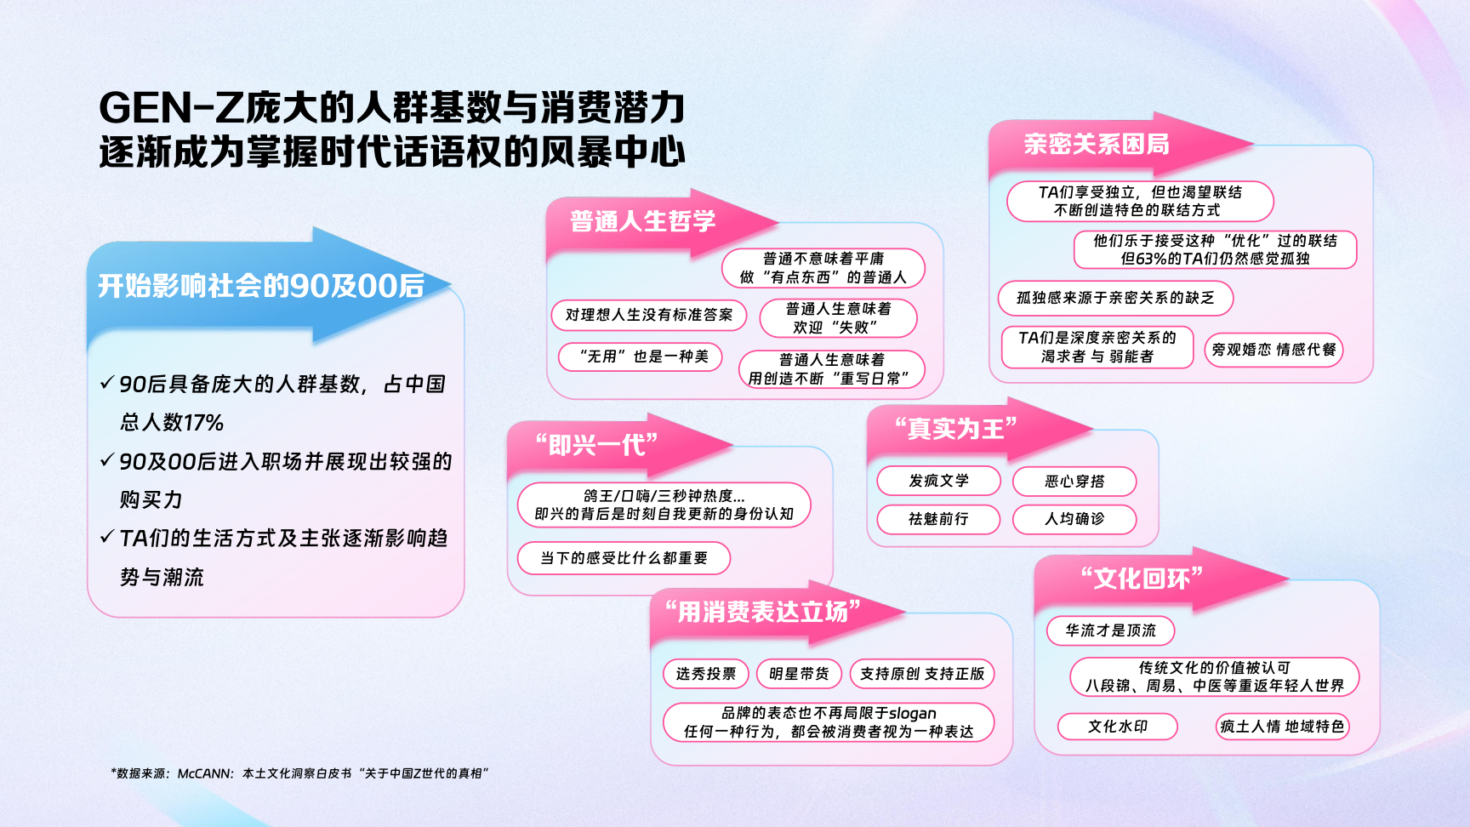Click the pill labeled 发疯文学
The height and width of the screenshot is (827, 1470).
(x=938, y=481)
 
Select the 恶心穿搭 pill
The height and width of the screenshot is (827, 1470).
(x=1074, y=482)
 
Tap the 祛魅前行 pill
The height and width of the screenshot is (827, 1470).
(x=938, y=519)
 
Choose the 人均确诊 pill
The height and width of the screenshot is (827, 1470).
(x=1074, y=519)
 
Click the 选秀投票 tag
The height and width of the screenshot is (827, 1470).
(x=706, y=674)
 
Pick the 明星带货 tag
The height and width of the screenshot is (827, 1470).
(x=799, y=674)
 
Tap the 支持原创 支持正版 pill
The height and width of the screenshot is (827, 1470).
(x=922, y=674)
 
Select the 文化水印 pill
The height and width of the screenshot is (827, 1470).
(x=1118, y=727)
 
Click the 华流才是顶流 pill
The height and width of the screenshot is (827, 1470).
(x=1110, y=630)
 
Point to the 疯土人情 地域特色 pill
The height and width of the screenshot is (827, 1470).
(x=1282, y=727)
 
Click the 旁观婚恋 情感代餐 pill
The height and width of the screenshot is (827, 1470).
(x=1273, y=350)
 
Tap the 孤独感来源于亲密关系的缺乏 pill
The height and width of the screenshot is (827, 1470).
(x=1115, y=298)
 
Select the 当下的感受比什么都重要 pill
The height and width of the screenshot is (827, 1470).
(x=624, y=558)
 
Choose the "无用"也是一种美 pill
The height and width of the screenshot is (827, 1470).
(x=641, y=356)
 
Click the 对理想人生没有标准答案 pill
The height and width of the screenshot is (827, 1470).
(x=649, y=315)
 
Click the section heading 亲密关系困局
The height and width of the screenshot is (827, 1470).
(x=1096, y=145)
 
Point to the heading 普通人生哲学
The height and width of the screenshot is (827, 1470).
(x=643, y=221)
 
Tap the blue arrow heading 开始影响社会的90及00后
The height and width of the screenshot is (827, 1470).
(x=261, y=286)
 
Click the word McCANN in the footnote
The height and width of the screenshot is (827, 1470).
(x=205, y=773)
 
